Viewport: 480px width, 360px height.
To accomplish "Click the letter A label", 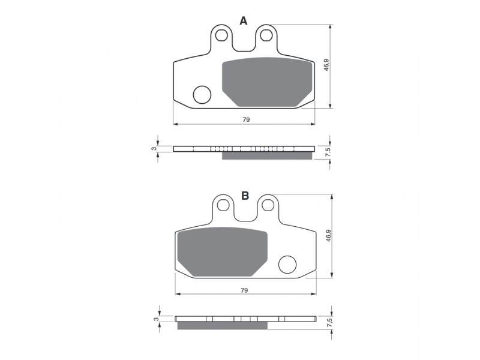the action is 244,21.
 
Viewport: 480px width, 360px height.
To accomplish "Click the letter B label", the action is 245,196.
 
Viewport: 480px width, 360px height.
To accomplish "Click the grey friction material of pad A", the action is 267,82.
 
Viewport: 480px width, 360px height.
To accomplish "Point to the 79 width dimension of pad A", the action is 246,119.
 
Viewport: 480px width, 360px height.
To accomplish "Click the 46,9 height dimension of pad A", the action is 326,65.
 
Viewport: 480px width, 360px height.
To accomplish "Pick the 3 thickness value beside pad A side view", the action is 154,149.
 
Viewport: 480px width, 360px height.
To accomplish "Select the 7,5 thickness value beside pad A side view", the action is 328,152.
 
